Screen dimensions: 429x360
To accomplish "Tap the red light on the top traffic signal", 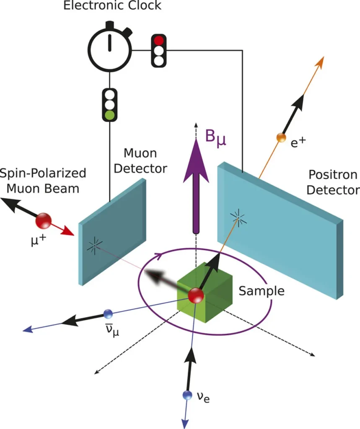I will pyautogui.click(x=158, y=41).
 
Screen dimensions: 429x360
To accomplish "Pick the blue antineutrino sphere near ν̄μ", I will pyautogui.click(x=108, y=314).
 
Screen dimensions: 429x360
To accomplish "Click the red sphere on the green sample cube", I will pyautogui.click(x=196, y=295).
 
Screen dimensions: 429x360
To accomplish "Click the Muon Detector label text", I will pyautogui.click(x=140, y=160).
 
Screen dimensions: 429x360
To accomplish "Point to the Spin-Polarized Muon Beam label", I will pyautogui.click(x=43, y=181).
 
